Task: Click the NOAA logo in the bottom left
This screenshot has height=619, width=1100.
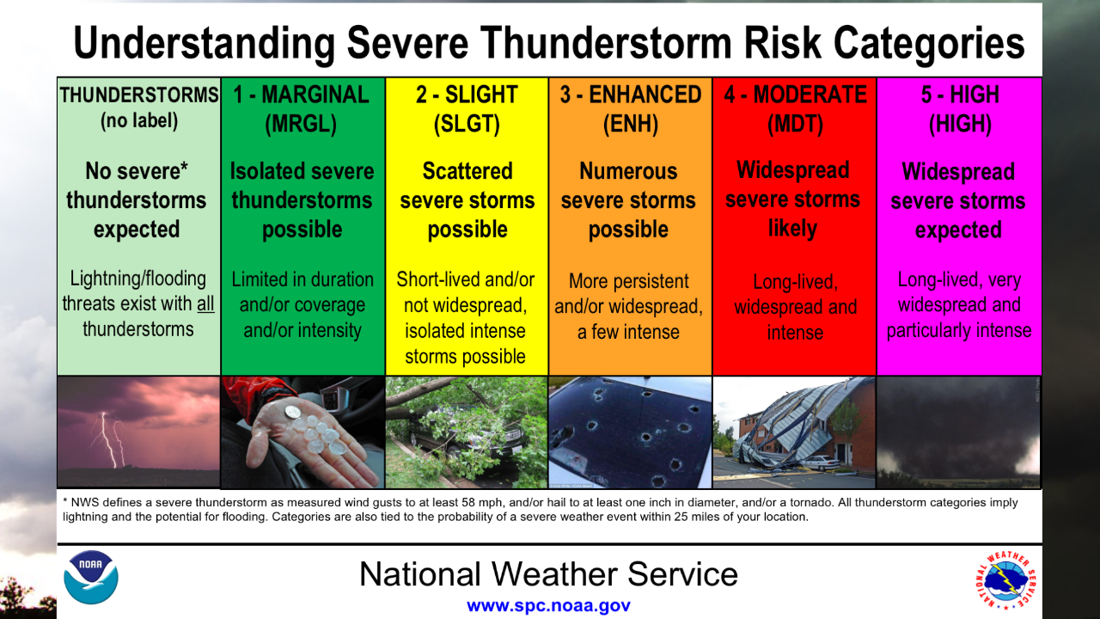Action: pos(91,577)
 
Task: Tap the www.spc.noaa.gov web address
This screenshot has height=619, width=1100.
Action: pos(548,605)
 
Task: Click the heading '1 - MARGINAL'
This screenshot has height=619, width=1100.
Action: pos(302,95)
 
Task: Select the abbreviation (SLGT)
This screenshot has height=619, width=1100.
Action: pos(467,125)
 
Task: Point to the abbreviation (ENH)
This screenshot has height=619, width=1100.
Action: pos(630,125)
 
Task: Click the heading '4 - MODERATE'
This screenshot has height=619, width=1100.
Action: pos(794,95)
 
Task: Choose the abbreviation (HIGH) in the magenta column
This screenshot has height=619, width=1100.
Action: pos(959,125)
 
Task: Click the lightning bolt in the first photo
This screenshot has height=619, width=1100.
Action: pos(107,438)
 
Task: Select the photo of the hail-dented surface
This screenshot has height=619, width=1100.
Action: pos(630,432)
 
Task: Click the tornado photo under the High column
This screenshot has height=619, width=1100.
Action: pos(959,432)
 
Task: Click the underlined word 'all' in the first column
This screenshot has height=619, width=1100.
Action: pos(205,303)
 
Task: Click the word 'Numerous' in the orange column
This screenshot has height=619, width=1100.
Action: pos(629,171)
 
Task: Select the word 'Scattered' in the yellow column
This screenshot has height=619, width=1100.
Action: pos(467,171)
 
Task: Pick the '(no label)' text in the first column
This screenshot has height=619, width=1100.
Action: pos(138,121)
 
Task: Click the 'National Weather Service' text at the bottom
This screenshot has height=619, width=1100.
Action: pos(548,573)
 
